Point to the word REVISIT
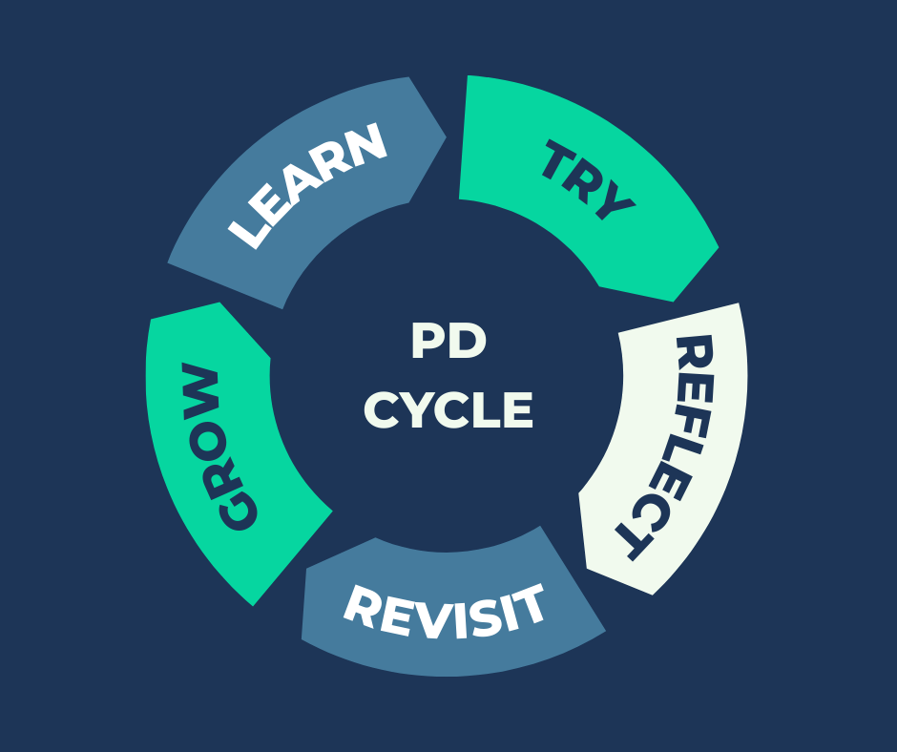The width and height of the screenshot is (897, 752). pos(445,612)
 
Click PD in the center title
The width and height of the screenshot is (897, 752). pos(448,343)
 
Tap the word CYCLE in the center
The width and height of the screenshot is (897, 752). pos(448,411)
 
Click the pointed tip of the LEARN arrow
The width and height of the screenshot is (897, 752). pos(445,136)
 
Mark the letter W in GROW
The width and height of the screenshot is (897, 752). pos(201,386)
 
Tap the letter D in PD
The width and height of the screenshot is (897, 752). pos(467,343)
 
